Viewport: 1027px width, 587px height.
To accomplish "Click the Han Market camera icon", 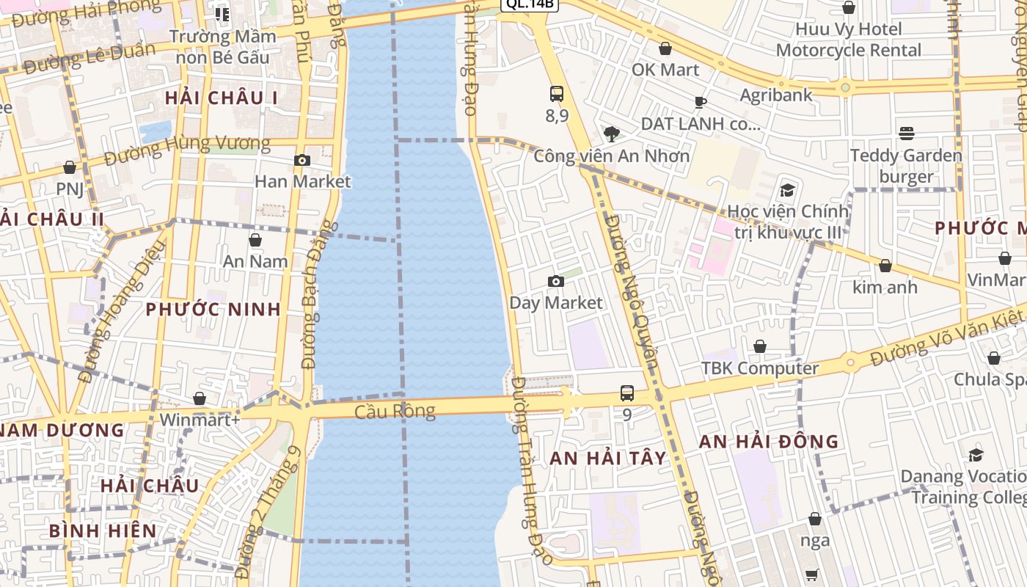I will click(x=301, y=160).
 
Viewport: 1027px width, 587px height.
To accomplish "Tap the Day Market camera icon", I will click(x=556, y=281).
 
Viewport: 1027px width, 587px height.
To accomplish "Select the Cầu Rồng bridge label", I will click(x=395, y=412).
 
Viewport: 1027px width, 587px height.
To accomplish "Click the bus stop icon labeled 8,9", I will click(x=557, y=94).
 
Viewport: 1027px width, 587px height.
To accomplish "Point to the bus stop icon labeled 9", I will click(x=627, y=393).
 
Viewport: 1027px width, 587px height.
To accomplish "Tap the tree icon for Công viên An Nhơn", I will click(x=611, y=134).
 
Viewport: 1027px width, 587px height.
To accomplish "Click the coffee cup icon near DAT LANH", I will click(x=701, y=102).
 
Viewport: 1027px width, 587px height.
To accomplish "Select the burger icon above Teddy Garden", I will click(x=907, y=134).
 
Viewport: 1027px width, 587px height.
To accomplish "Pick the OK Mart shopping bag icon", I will click(x=665, y=48).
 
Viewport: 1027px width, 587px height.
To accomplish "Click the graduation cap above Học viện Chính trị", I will click(x=787, y=190).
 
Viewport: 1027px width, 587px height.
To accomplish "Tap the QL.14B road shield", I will click(x=530, y=4).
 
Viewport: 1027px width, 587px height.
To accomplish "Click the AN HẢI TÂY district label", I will click(x=608, y=459).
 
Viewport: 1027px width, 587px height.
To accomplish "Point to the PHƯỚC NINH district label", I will click(x=213, y=309).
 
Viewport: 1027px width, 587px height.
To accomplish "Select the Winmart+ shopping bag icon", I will click(x=200, y=398).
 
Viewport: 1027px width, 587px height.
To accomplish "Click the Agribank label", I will click(x=776, y=95).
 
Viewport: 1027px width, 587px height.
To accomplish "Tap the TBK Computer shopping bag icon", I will click(x=760, y=346).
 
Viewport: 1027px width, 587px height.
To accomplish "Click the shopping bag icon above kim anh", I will click(x=885, y=266).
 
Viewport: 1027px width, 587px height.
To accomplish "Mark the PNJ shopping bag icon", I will click(x=70, y=167).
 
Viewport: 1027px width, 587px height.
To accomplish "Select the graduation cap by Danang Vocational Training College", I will click(x=976, y=455).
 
